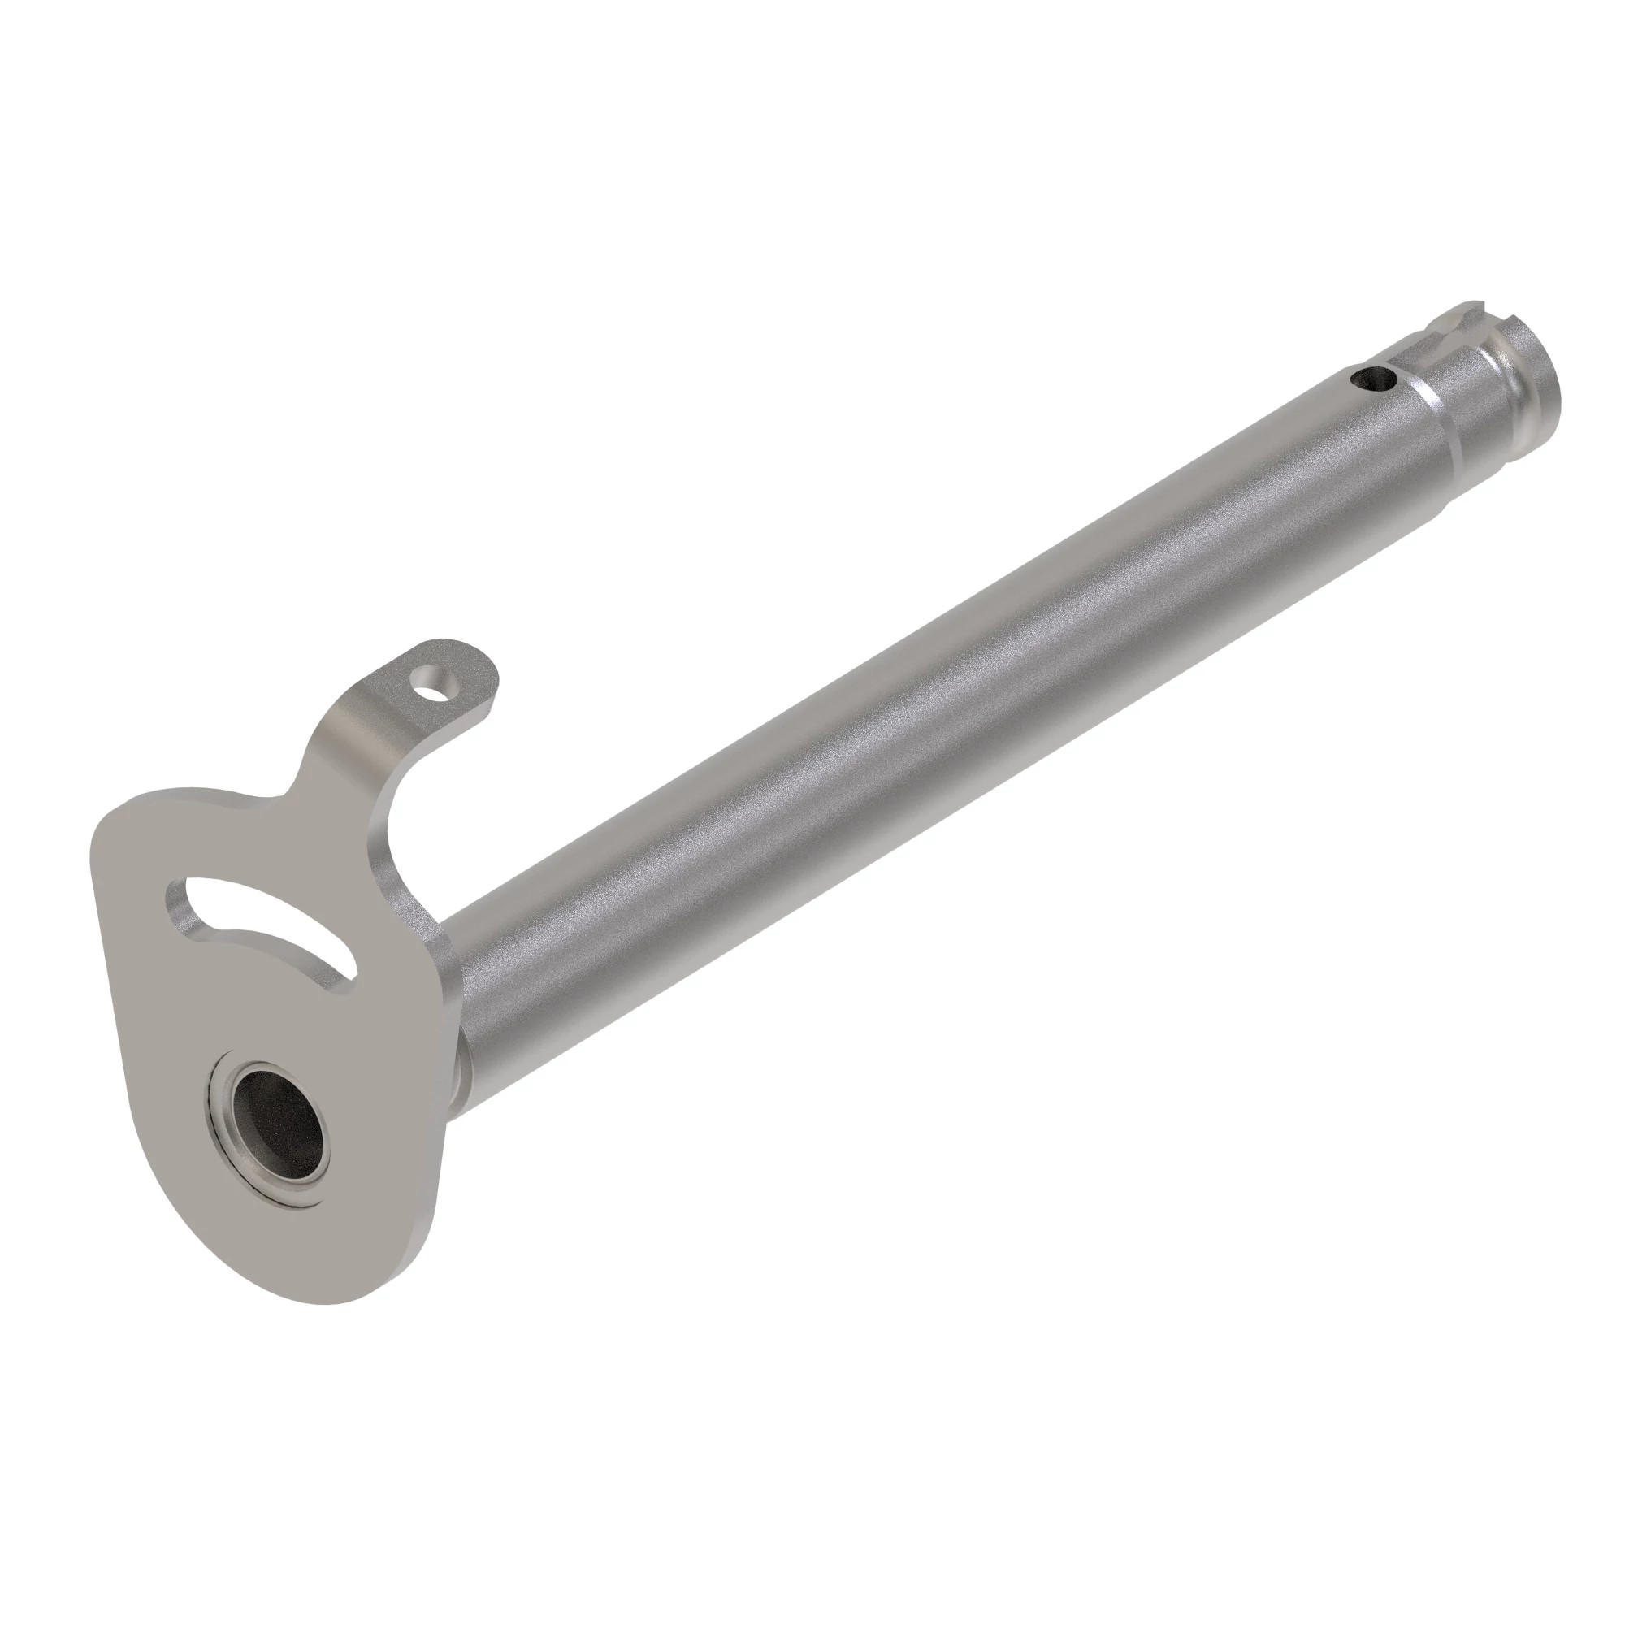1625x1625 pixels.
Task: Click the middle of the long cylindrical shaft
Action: click(925, 715)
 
